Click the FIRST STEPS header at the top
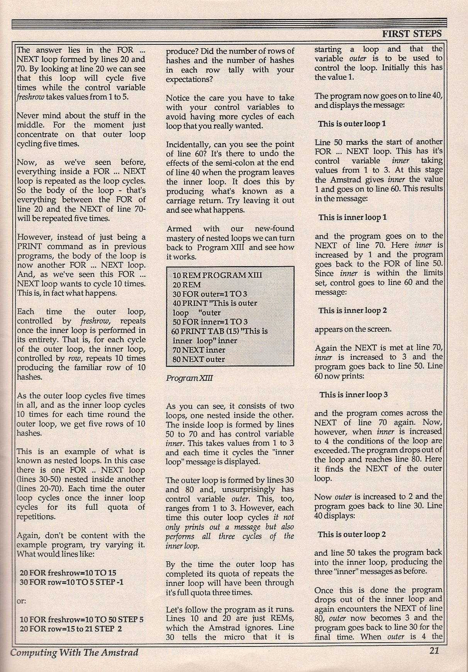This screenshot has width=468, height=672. coord(412,34)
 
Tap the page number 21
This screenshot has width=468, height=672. coord(434,650)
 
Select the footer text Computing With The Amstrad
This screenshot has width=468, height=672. coord(74,652)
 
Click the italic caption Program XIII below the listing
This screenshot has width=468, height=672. coord(184,378)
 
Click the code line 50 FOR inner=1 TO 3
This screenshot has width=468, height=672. coord(210,322)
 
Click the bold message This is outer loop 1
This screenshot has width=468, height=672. coord(352,124)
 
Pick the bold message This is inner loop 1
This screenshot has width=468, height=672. coord(352,217)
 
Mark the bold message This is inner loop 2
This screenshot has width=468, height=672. coord(352,311)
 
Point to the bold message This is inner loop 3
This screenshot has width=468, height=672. coord(353,395)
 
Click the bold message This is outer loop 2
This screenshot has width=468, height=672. coord(352,535)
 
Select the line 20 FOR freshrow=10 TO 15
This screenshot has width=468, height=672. coord(68,573)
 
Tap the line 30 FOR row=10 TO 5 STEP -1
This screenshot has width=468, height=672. coord(71,582)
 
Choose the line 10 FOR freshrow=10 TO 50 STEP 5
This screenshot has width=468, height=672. coord(81,619)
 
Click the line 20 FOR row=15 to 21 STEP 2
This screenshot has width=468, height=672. coord(71,629)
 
